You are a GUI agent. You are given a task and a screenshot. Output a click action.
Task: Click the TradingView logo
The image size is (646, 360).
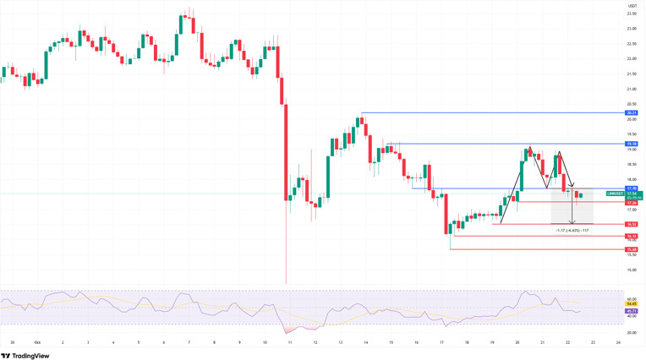[x=25, y=356]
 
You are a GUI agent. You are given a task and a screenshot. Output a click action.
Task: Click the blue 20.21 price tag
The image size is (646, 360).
[x=632, y=112]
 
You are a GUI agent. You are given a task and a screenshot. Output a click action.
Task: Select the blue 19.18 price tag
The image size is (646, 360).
[x=632, y=145]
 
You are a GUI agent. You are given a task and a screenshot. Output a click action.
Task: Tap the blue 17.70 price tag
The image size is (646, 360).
[x=632, y=188]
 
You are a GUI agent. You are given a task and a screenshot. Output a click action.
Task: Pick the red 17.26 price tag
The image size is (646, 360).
[x=632, y=203]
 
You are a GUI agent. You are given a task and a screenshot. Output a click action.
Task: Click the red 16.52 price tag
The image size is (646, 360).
[x=632, y=225]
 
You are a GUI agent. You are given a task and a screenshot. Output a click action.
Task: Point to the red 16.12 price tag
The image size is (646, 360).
[x=632, y=237]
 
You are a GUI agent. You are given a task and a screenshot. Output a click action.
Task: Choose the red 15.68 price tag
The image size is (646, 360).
[x=632, y=250]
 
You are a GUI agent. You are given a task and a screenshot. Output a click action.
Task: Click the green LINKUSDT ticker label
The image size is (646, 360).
[x=615, y=194]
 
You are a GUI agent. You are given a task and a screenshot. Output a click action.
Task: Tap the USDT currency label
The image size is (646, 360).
[x=632, y=5]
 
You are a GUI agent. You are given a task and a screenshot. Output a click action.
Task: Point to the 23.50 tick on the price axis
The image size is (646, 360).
[x=632, y=14]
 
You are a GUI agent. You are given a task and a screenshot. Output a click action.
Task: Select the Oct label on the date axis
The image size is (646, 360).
[x=37, y=342]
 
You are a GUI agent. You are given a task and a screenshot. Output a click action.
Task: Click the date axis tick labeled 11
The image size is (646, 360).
[x=289, y=342]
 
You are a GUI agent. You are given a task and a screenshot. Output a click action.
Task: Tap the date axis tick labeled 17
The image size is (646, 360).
[x=441, y=342]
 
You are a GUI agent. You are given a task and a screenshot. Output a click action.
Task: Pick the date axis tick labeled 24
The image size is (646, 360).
[x=618, y=342]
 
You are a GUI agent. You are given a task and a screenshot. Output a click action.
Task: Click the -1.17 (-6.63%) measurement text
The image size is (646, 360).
[x=572, y=230]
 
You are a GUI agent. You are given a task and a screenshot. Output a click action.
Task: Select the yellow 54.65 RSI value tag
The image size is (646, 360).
[x=632, y=303]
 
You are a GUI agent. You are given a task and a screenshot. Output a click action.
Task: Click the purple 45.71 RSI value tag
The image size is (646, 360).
[x=632, y=311]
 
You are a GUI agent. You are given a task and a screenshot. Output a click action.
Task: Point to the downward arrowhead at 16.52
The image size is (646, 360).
[x=572, y=222]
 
